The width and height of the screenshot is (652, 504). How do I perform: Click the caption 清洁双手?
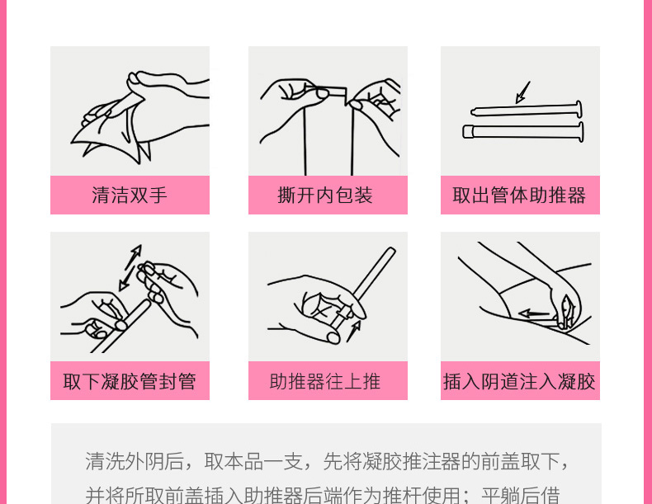tap(130, 195)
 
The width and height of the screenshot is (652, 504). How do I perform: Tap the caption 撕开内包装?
tap(324, 195)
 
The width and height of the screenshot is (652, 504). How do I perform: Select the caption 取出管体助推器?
tap(519, 195)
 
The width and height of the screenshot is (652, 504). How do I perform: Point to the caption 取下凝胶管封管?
tap(130, 381)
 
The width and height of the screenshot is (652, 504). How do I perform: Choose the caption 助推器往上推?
tap(324, 381)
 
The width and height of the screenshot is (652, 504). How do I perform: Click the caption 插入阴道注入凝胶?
tap(519, 381)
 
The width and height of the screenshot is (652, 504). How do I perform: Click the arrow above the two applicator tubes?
tap(522, 92)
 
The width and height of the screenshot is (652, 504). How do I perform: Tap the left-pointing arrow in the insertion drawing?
tap(534, 313)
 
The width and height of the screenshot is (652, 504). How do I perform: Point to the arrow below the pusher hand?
tap(354, 331)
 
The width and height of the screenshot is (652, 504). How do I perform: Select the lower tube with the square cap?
tap(523, 131)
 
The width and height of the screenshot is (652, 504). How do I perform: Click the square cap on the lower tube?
tap(468, 132)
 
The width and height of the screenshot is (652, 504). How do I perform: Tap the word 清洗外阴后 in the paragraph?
tap(135, 461)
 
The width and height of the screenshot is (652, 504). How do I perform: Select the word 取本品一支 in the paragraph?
tap(253, 461)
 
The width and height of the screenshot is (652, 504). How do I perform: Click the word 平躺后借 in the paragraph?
tap(521, 495)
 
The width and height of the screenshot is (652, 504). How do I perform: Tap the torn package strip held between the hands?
tap(328, 93)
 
